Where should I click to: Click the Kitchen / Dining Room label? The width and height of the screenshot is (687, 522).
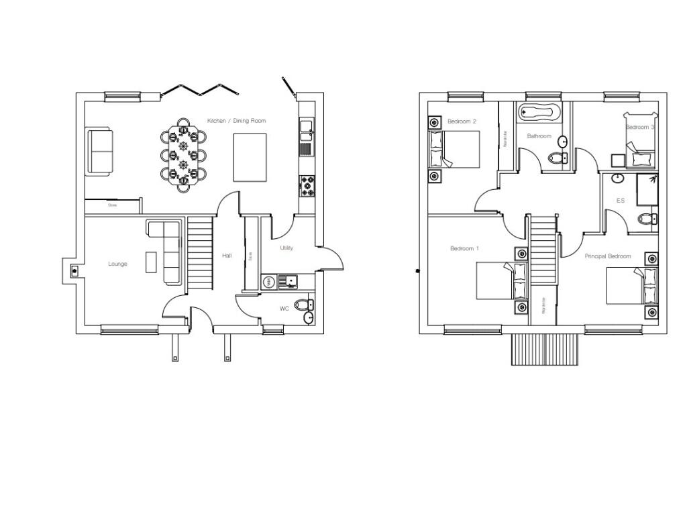click(x=236, y=121)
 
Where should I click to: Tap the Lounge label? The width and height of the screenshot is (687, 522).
click(x=117, y=264)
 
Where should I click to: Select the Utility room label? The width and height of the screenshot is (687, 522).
click(x=286, y=248)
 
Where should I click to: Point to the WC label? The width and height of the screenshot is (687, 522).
click(x=284, y=309)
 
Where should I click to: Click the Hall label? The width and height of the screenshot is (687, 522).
click(x=227, y=256)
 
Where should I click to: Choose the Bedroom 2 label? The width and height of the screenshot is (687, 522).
click(x=462, y=121)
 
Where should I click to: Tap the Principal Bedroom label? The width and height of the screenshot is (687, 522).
click(x=607, y=256)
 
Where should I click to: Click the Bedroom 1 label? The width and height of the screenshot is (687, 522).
click(x=464, y=249)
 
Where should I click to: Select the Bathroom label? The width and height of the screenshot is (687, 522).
click(x=539, y=136)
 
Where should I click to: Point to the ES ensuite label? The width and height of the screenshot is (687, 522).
click(x=620, y=201)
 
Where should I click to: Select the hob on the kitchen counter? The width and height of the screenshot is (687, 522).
click(x=307, y=186)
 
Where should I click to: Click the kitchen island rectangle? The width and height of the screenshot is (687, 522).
click(x=250, y=157)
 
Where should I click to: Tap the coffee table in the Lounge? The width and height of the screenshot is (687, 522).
click(x=152, y=262)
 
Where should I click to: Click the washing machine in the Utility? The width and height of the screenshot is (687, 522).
click(x=268, y=282)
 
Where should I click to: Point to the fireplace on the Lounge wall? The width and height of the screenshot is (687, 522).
click(x=74, y=270)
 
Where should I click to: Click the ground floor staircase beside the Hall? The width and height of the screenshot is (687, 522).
click(x=199, y=254)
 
